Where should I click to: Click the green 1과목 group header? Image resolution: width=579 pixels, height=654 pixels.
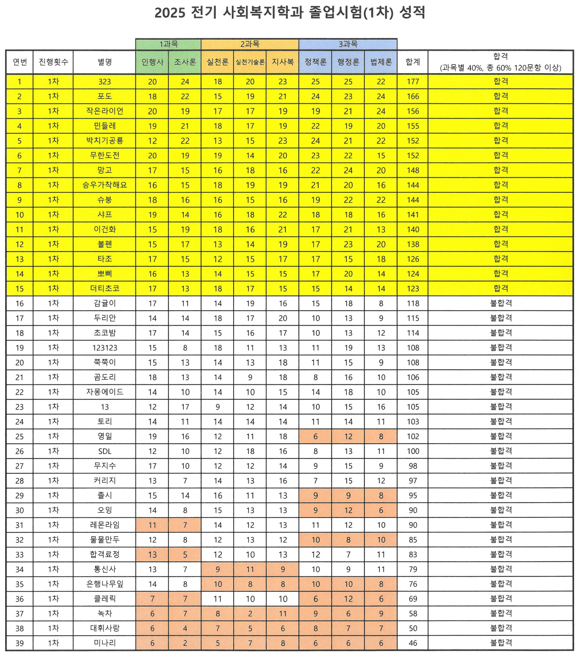point(168,44)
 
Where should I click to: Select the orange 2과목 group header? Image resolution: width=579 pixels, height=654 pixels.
point(250,44)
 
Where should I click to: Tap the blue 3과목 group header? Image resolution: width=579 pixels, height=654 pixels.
point(348,44)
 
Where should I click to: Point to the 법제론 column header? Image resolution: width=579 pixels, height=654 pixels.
point(381,62)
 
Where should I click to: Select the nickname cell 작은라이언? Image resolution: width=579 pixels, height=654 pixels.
point(105,111)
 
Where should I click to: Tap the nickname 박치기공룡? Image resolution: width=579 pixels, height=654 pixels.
point(105,140)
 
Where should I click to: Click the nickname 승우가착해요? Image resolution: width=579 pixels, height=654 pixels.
point(105,185)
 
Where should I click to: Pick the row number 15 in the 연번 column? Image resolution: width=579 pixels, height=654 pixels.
point(20,289)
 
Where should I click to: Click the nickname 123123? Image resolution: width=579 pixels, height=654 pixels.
point(105,348)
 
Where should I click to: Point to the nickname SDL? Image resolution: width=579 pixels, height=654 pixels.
point(105,451)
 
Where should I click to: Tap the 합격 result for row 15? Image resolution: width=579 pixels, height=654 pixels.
point(501,288)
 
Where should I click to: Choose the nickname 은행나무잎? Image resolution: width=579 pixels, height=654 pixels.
point(105,584)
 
